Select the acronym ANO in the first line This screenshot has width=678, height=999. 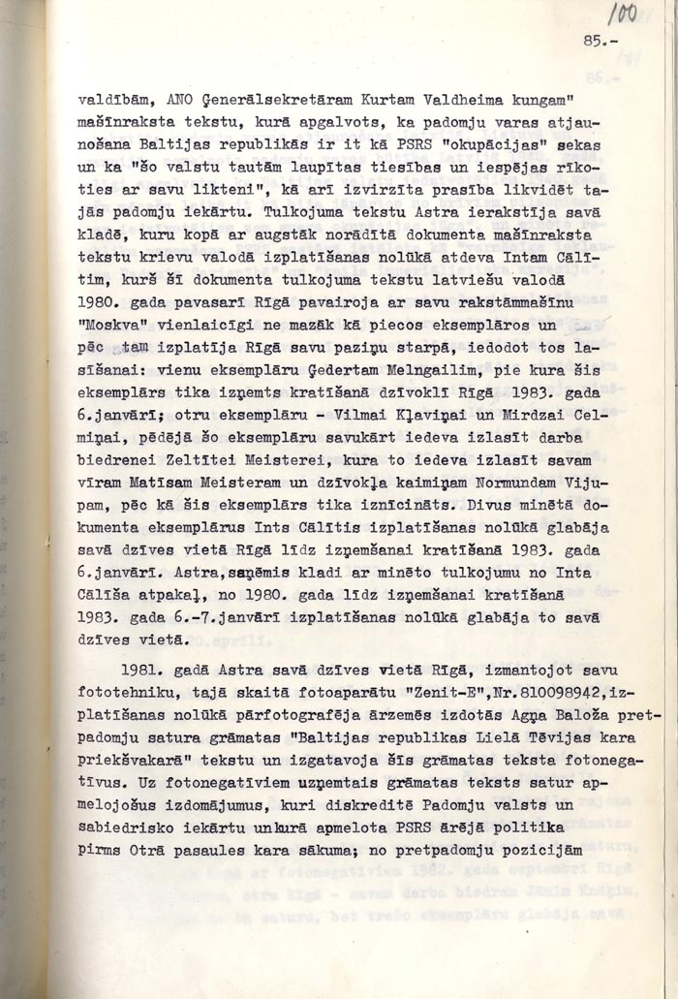tap(182, 98)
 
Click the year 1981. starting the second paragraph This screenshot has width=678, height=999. tap(143, 670)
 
